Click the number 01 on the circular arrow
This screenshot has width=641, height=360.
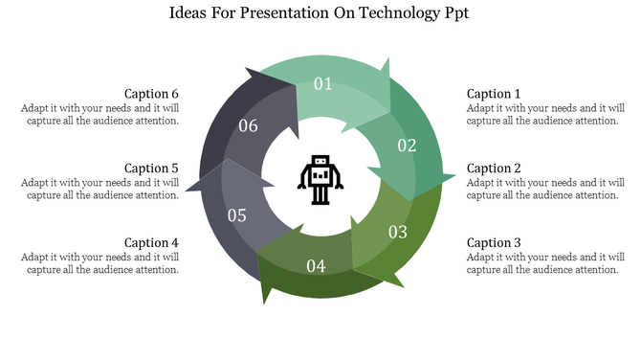coord(323,84)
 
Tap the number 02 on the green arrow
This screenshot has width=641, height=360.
coord(408,146)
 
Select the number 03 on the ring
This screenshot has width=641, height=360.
coord(398,232)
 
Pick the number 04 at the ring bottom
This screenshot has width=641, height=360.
coord(316,265)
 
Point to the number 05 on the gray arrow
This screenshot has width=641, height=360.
coord(237,215)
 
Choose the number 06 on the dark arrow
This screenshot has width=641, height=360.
coord(248,126)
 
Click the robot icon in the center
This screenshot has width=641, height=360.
coord(320,179)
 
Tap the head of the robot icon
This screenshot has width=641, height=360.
coord(320,163)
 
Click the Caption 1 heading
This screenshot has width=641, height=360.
coord(494,94)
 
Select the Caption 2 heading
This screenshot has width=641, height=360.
coord(494,169)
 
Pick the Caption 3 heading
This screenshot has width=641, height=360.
coord(494,243)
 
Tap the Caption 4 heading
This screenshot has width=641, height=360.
coord(151,243)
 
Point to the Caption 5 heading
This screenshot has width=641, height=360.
coord(151,169)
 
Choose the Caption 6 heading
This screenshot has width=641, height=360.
coord(151,94)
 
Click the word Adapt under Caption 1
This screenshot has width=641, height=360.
coord(481,108)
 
